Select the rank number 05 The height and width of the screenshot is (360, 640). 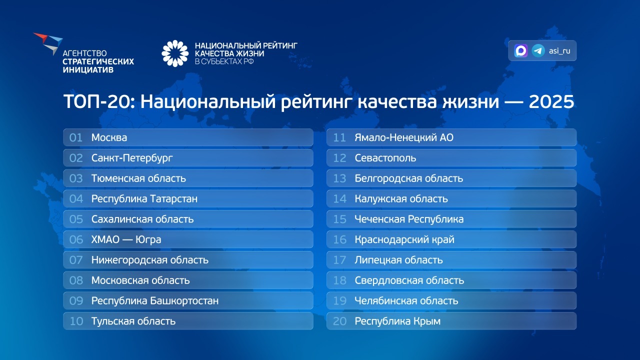click(x=76, y=219)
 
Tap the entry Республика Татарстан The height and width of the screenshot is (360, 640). click(x=144, y=199)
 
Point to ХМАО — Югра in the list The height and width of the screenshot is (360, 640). click(x=126, y=240)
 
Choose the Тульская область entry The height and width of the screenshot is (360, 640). click(x=133, y=321)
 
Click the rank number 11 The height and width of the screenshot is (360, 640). click(x=339, y=137)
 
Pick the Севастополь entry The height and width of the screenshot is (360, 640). click(x=385, y=158)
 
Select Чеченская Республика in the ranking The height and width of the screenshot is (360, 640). click(x=409, y=219)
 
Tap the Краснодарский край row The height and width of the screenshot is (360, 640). click(x=404, y=240)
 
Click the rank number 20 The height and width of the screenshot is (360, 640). click(x=339, y=321)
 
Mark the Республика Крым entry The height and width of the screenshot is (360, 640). click(x=397, y=321)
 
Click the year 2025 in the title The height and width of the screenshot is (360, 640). click(x=551, y=102)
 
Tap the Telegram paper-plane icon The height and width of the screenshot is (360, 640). click(x=538, y=50)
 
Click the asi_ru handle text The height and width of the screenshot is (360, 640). click(x=559, y=51)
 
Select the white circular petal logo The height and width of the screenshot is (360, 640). click(x=175, y=53)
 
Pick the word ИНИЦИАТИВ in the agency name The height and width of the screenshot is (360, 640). click(x=88, y=70)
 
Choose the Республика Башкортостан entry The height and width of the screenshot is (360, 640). click(x=154, y=301)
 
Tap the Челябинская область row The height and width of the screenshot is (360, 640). click(x=406, y=301)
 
